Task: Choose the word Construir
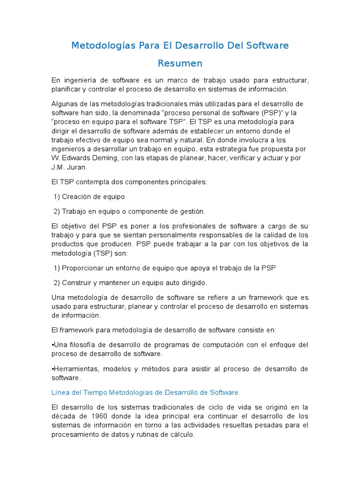click(x=78, y=283)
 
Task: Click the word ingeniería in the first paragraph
click(x=82, y=81)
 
